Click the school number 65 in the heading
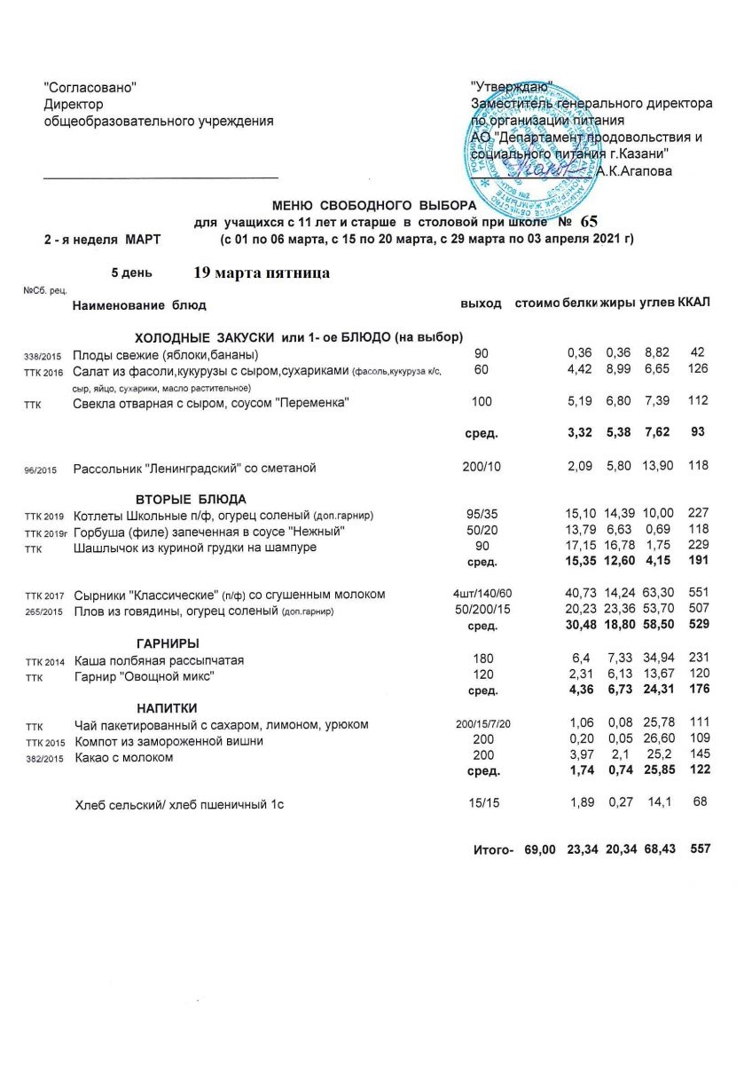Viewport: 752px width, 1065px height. [590, 222]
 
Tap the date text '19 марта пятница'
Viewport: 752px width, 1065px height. [262, 273]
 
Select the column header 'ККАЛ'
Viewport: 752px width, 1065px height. [693, 304]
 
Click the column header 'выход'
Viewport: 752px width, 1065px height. [482, 304]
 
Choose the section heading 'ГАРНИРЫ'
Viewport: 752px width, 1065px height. [168, 643]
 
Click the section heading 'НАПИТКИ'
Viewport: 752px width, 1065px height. [166, 707]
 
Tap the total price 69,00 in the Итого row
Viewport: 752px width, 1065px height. [540, 849]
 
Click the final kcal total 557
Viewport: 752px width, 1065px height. [701, 849]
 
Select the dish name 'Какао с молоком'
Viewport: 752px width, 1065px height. [124, 758]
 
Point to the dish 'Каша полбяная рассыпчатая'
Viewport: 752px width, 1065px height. [159, 660]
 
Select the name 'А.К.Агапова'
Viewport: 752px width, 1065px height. [634, 170]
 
